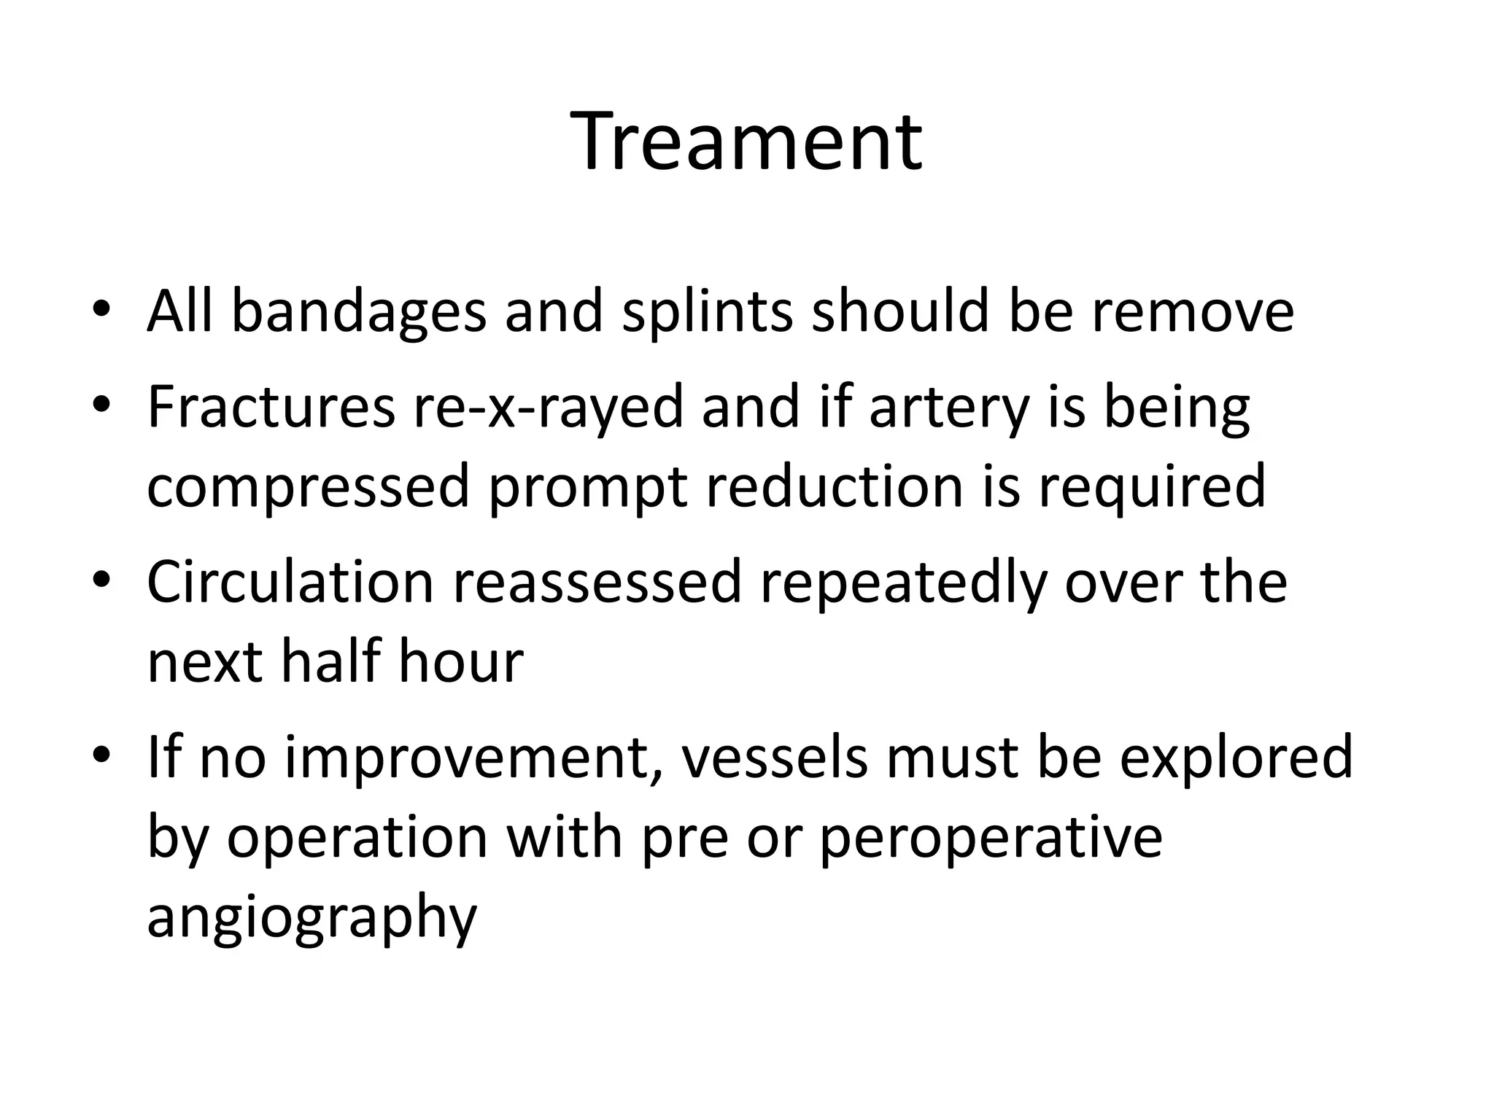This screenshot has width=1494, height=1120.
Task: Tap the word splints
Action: click(707, 311)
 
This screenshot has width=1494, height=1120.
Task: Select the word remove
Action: click(1193, 311)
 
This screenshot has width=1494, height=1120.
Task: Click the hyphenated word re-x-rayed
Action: click(548, 408)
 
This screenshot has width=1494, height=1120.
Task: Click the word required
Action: click(1153, 489)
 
